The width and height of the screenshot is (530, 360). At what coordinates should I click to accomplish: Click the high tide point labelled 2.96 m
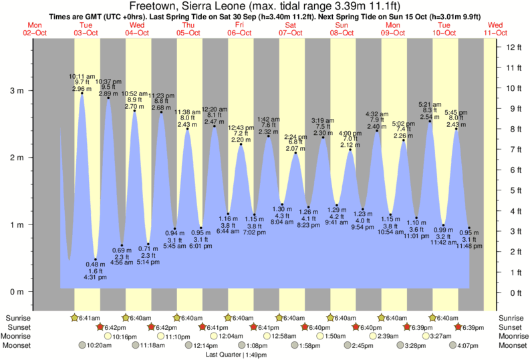(x=82, y=94)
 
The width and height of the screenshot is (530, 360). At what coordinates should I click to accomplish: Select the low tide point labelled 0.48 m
(x=96, y=260)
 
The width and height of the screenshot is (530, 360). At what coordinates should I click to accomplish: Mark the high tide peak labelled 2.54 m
(x=430, y=122)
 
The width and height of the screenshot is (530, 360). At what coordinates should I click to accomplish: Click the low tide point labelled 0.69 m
(x=122, y=246)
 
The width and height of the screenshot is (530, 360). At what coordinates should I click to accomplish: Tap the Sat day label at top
(x=291, y=24)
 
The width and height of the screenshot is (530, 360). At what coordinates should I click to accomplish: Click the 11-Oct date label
(x=495, y=32)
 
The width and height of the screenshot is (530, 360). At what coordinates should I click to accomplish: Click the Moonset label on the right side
(x=511, y=345)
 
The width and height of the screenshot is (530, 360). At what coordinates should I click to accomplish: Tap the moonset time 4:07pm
(x=470, y=346)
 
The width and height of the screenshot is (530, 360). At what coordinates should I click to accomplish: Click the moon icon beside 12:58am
(x=267, y=337)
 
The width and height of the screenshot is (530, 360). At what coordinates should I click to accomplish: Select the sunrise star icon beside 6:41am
(x=75, y=318)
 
